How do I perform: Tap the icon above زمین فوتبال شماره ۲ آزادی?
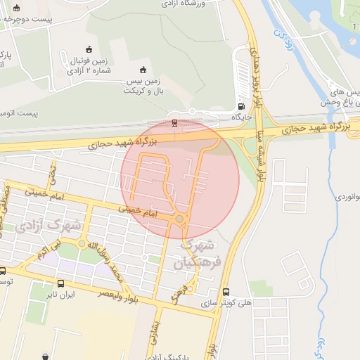pos(88,49)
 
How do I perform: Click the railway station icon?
pos(174,124)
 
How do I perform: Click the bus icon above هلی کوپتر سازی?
pos(226,292)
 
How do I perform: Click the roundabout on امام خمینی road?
pos(180,220)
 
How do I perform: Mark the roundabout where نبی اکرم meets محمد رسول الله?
pos(82,244)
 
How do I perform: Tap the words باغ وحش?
pos(337,103)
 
